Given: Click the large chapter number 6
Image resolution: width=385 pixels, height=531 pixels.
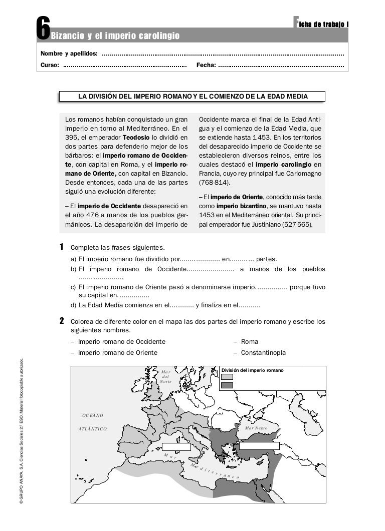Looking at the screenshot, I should click(44, 29).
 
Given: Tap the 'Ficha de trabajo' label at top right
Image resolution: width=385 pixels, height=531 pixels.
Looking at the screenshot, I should click(321, 23).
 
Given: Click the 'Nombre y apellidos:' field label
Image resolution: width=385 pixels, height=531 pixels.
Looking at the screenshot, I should click(69, 54).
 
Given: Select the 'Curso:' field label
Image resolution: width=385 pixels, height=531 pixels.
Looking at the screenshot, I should click(50, 65).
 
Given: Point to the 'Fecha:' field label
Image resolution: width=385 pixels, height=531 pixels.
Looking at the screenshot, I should click(206, 65).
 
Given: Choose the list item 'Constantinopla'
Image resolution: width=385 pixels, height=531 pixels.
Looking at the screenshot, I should click(263, 353).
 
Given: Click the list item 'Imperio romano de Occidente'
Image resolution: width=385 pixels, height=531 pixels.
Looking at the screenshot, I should click(122, 342).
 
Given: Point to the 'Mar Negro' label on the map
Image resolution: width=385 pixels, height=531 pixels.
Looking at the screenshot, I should click(256, 428).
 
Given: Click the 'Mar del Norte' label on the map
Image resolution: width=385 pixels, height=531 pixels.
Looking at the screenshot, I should click(166, 376).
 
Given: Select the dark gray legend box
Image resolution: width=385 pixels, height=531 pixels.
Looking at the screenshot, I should click(227, 385).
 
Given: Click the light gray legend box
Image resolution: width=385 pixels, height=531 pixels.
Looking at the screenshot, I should click(227, 377).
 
